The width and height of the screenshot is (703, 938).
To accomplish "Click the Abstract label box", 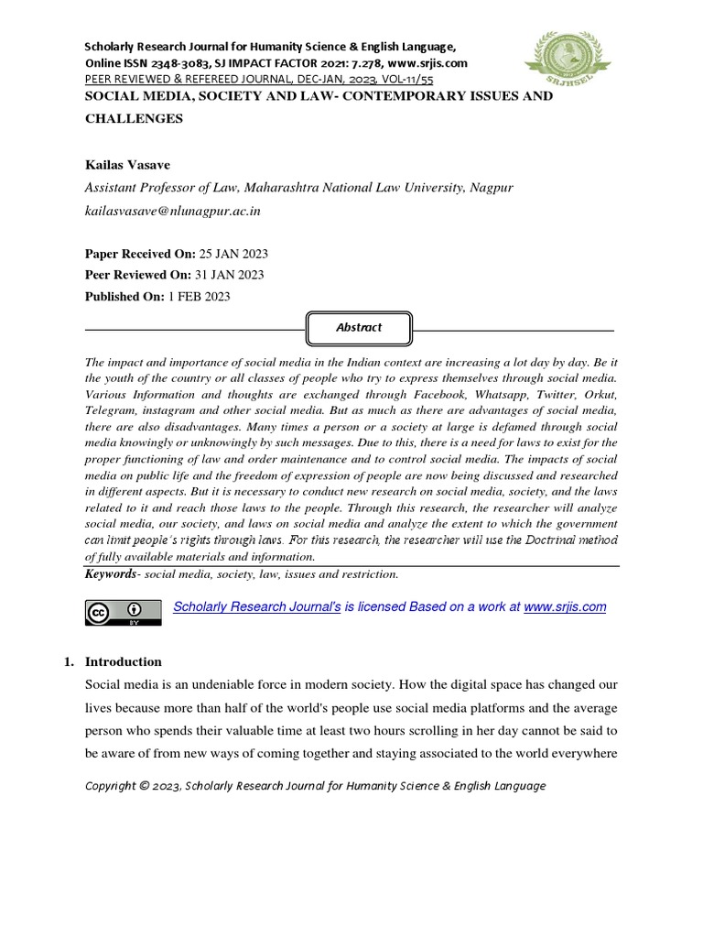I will point(359,327).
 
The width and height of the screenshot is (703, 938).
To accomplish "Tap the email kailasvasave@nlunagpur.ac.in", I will point(173,211).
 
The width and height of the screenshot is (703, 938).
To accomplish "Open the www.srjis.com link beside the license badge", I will point(565,607).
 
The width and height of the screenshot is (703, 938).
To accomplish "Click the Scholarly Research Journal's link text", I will point(257,607).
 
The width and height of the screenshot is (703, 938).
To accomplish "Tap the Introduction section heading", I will point(124,661).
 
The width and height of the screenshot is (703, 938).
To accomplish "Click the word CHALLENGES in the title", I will point(134,118).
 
